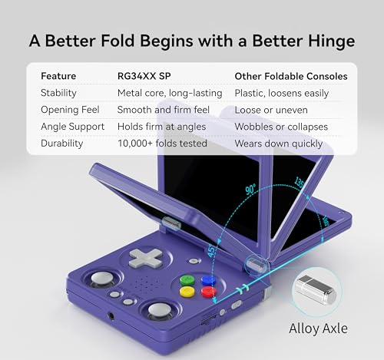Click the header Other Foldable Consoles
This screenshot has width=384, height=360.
pyautogui.click(x=290, y=77)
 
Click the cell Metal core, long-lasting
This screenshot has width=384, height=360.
pyautogui.click(x=169, y=93)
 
